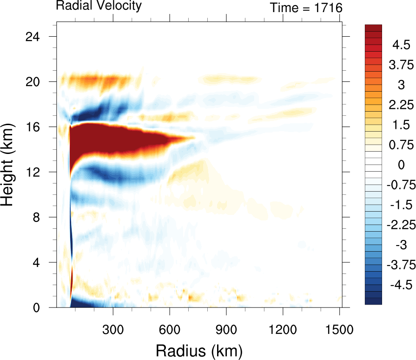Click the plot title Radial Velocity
99,6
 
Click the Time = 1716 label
306,8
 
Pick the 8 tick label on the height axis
41,217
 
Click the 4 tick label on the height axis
41,262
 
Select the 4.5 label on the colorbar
401,46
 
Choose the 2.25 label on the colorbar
401,105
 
